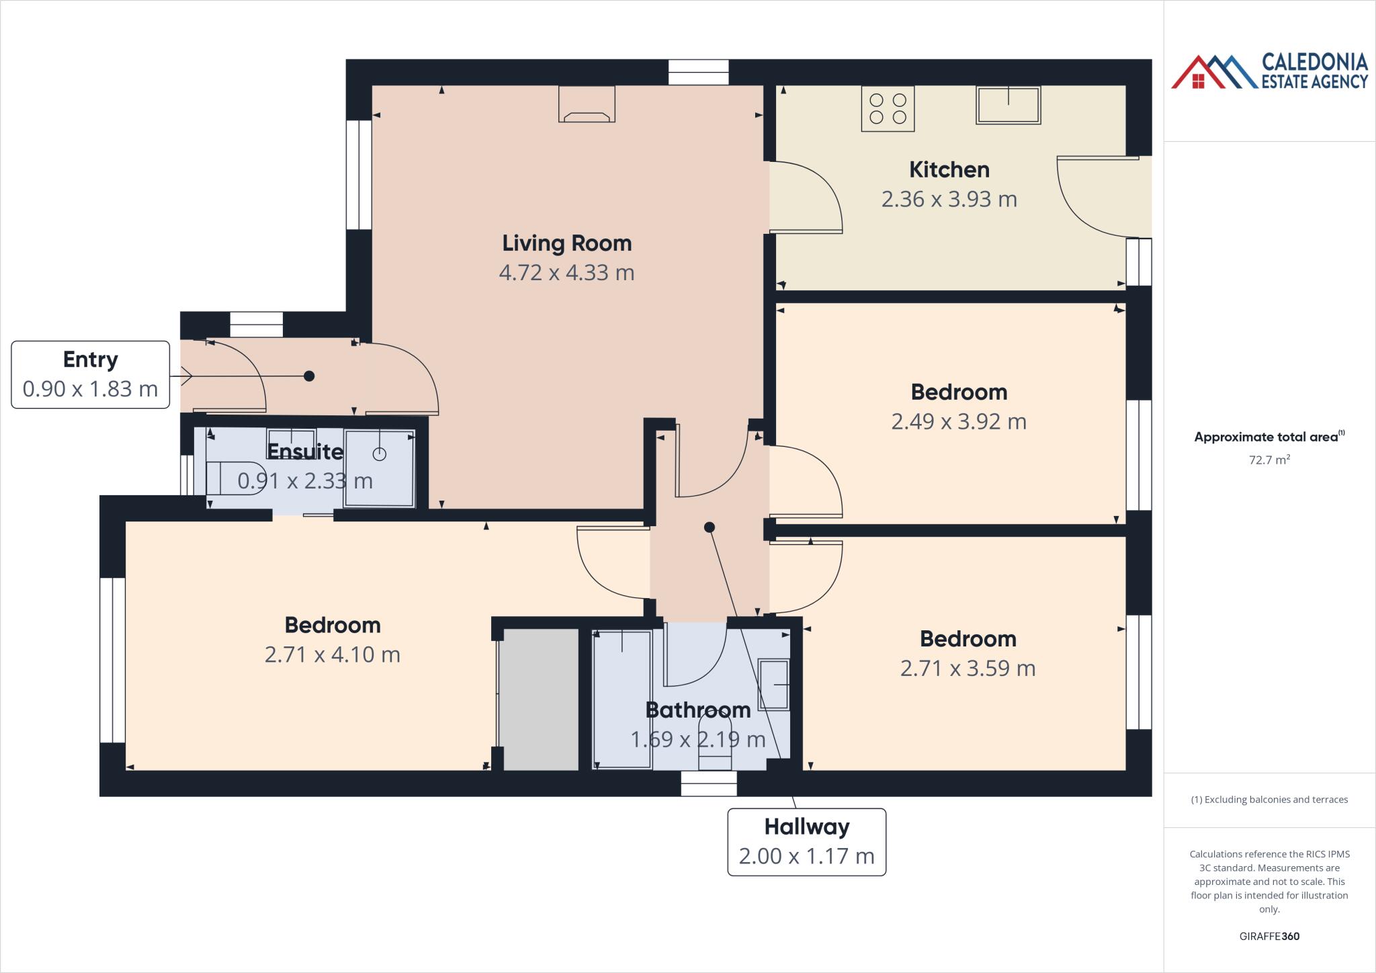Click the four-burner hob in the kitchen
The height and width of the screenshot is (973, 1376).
coord(888,109)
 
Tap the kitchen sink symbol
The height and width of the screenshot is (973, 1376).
coord(1008,105)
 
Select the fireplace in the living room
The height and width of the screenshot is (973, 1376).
coord(587,105)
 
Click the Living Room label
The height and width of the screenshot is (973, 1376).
coord(566,243)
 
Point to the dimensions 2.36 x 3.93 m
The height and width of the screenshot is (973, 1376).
coord(949,200)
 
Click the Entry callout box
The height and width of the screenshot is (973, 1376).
coord(90,374)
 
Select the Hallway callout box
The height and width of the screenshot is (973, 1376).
coord(806,841)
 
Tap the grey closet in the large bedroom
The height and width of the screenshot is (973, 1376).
coord(541,699)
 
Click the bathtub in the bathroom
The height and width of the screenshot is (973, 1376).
coord(622,699)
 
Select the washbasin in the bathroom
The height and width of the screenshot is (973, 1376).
coord(773,685)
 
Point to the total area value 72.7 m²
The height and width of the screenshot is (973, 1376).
coord(1268,460)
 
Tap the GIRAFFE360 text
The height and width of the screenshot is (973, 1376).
coord(1268,936)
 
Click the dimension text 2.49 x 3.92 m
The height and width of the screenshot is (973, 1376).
coord(958,422)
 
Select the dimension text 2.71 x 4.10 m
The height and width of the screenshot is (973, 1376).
coord(332,654)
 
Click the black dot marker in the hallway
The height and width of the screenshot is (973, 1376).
coord(709,527)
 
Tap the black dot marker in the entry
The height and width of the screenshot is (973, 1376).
coord(309,376)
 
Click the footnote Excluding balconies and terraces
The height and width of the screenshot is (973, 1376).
coord(1268,800)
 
